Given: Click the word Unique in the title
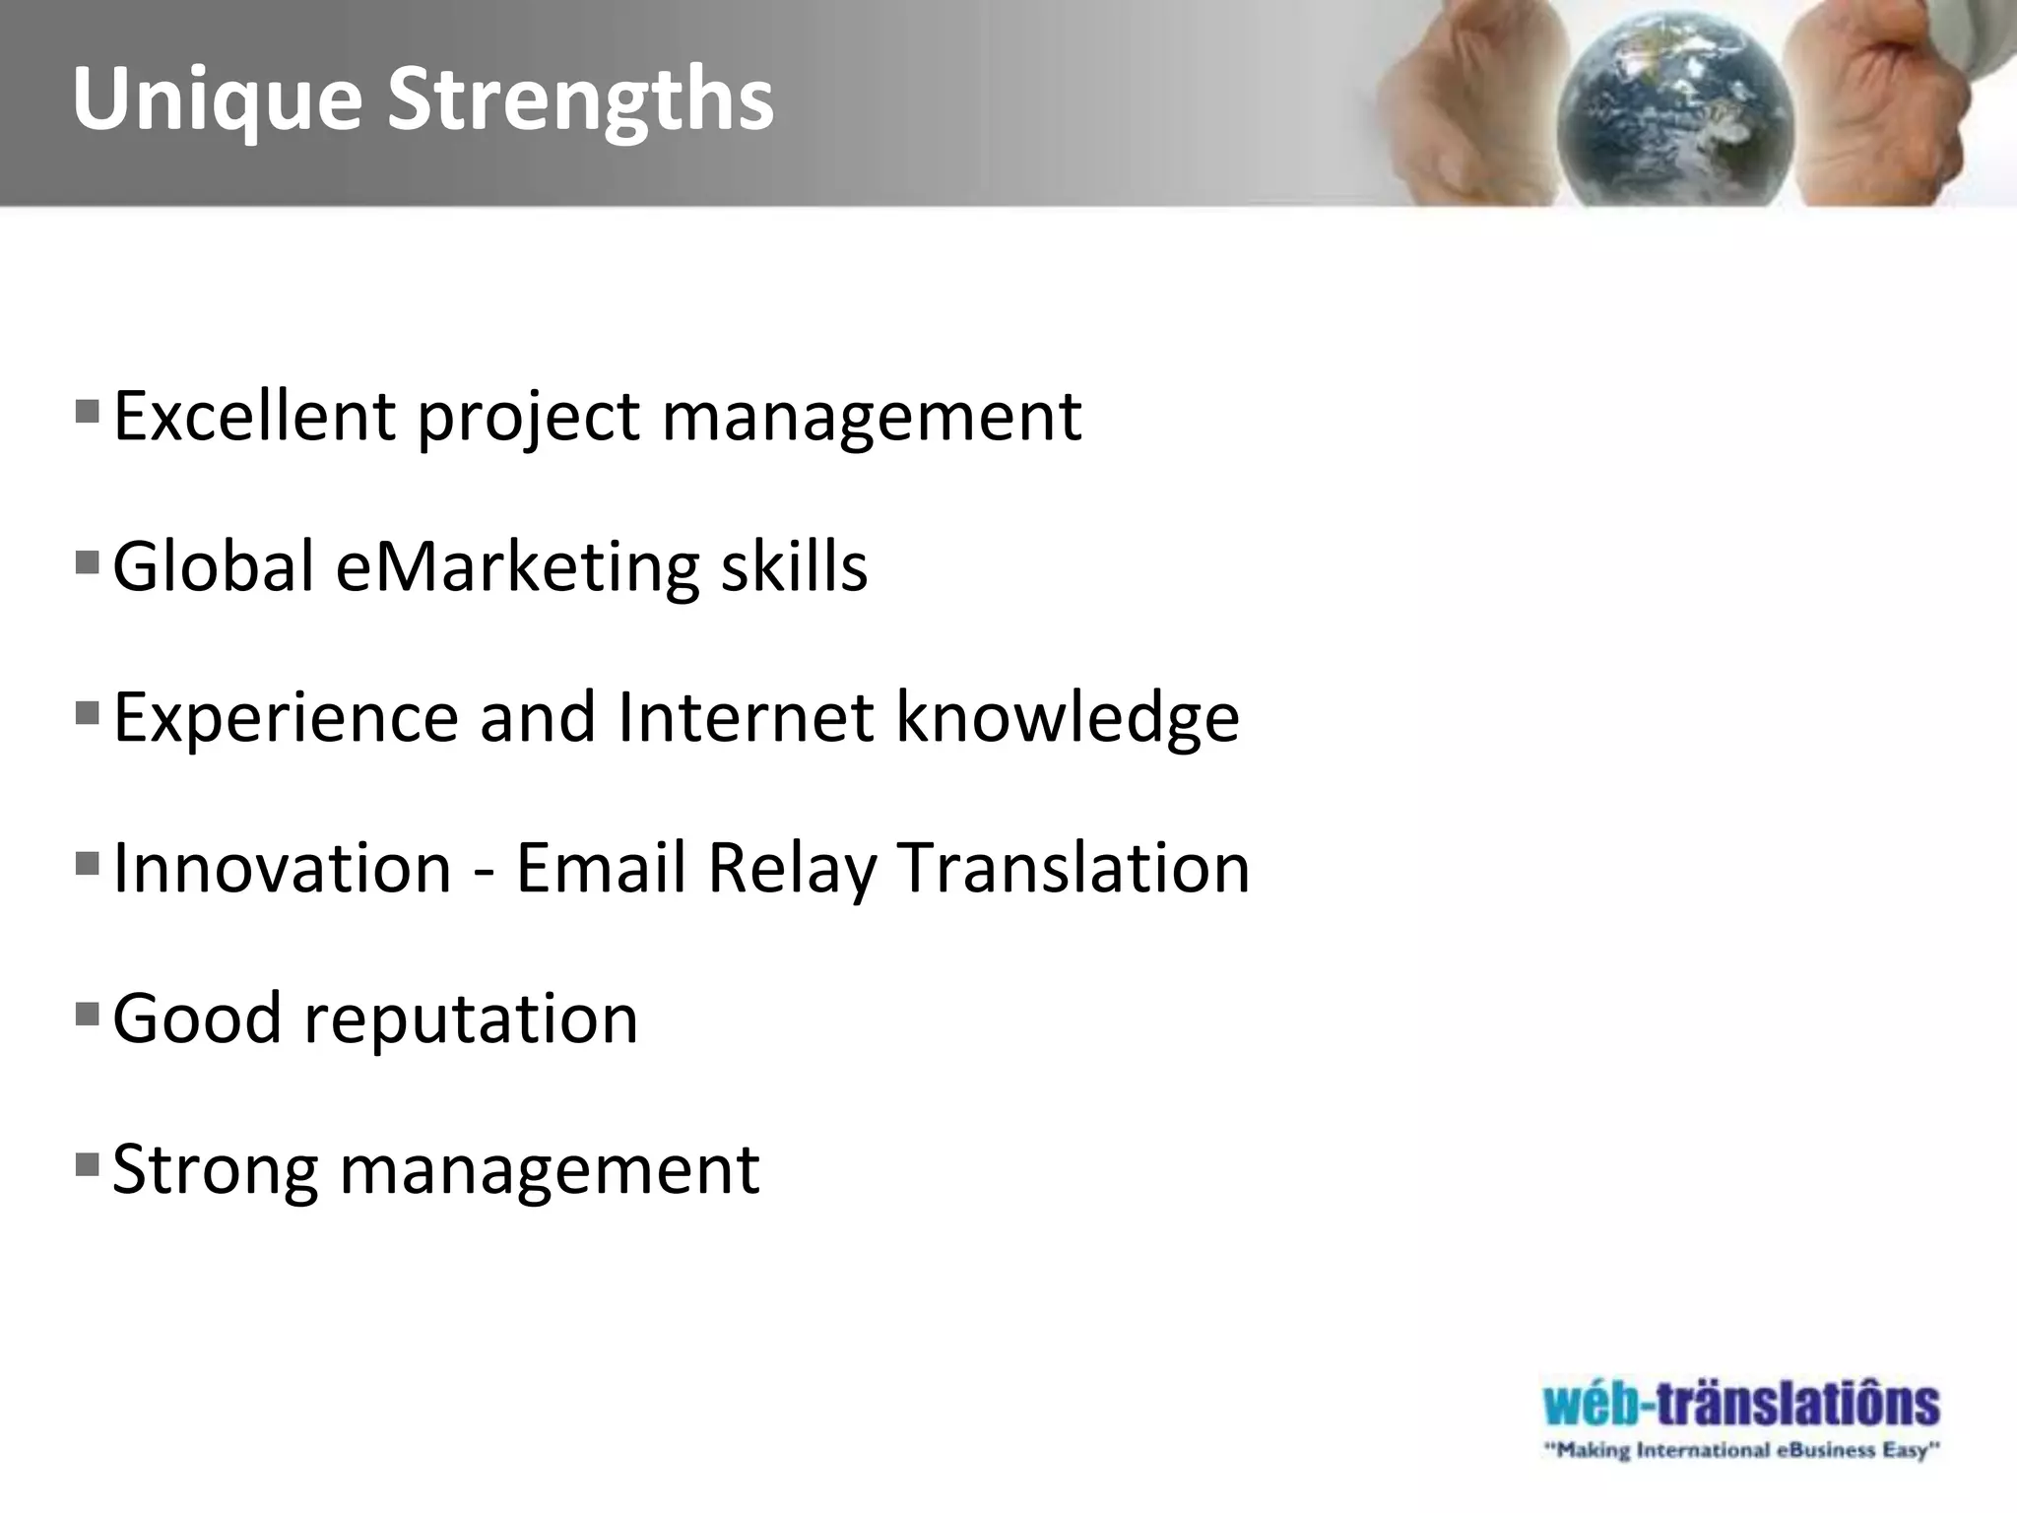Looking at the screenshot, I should (x=218, y=99).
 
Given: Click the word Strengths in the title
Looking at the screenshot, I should (x=580, y=99).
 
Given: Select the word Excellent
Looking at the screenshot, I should (x=254, y=416).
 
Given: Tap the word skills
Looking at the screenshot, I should (x=794, y=566).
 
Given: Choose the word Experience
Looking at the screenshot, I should (x=286, y=718).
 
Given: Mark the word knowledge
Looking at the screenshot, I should (x=1068, y=718).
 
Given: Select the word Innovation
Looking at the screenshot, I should (x=283, y=868).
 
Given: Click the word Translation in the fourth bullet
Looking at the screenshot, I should (x=1074, y=868).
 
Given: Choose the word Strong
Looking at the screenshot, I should (x=216, y=1171).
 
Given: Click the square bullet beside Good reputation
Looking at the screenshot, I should (x=87, y=1013).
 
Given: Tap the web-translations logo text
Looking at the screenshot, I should (x=1741, y=1405).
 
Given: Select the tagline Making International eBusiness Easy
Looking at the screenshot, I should (x=1741, y=1450).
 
